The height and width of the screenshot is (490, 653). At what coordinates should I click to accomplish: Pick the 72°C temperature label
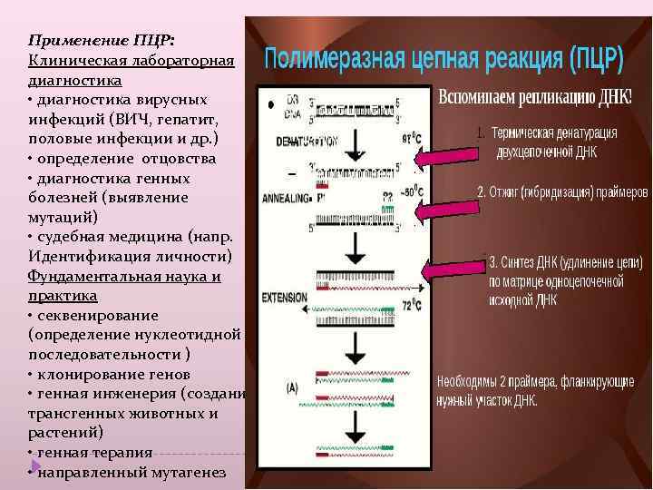pyautogui.click(x=413, y=308)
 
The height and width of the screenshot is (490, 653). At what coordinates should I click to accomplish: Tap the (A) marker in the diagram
pyautogui.click(x=293, y=387)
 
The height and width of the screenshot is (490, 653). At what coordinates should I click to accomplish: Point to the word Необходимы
pyautogui.click(x=473, y=382)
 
